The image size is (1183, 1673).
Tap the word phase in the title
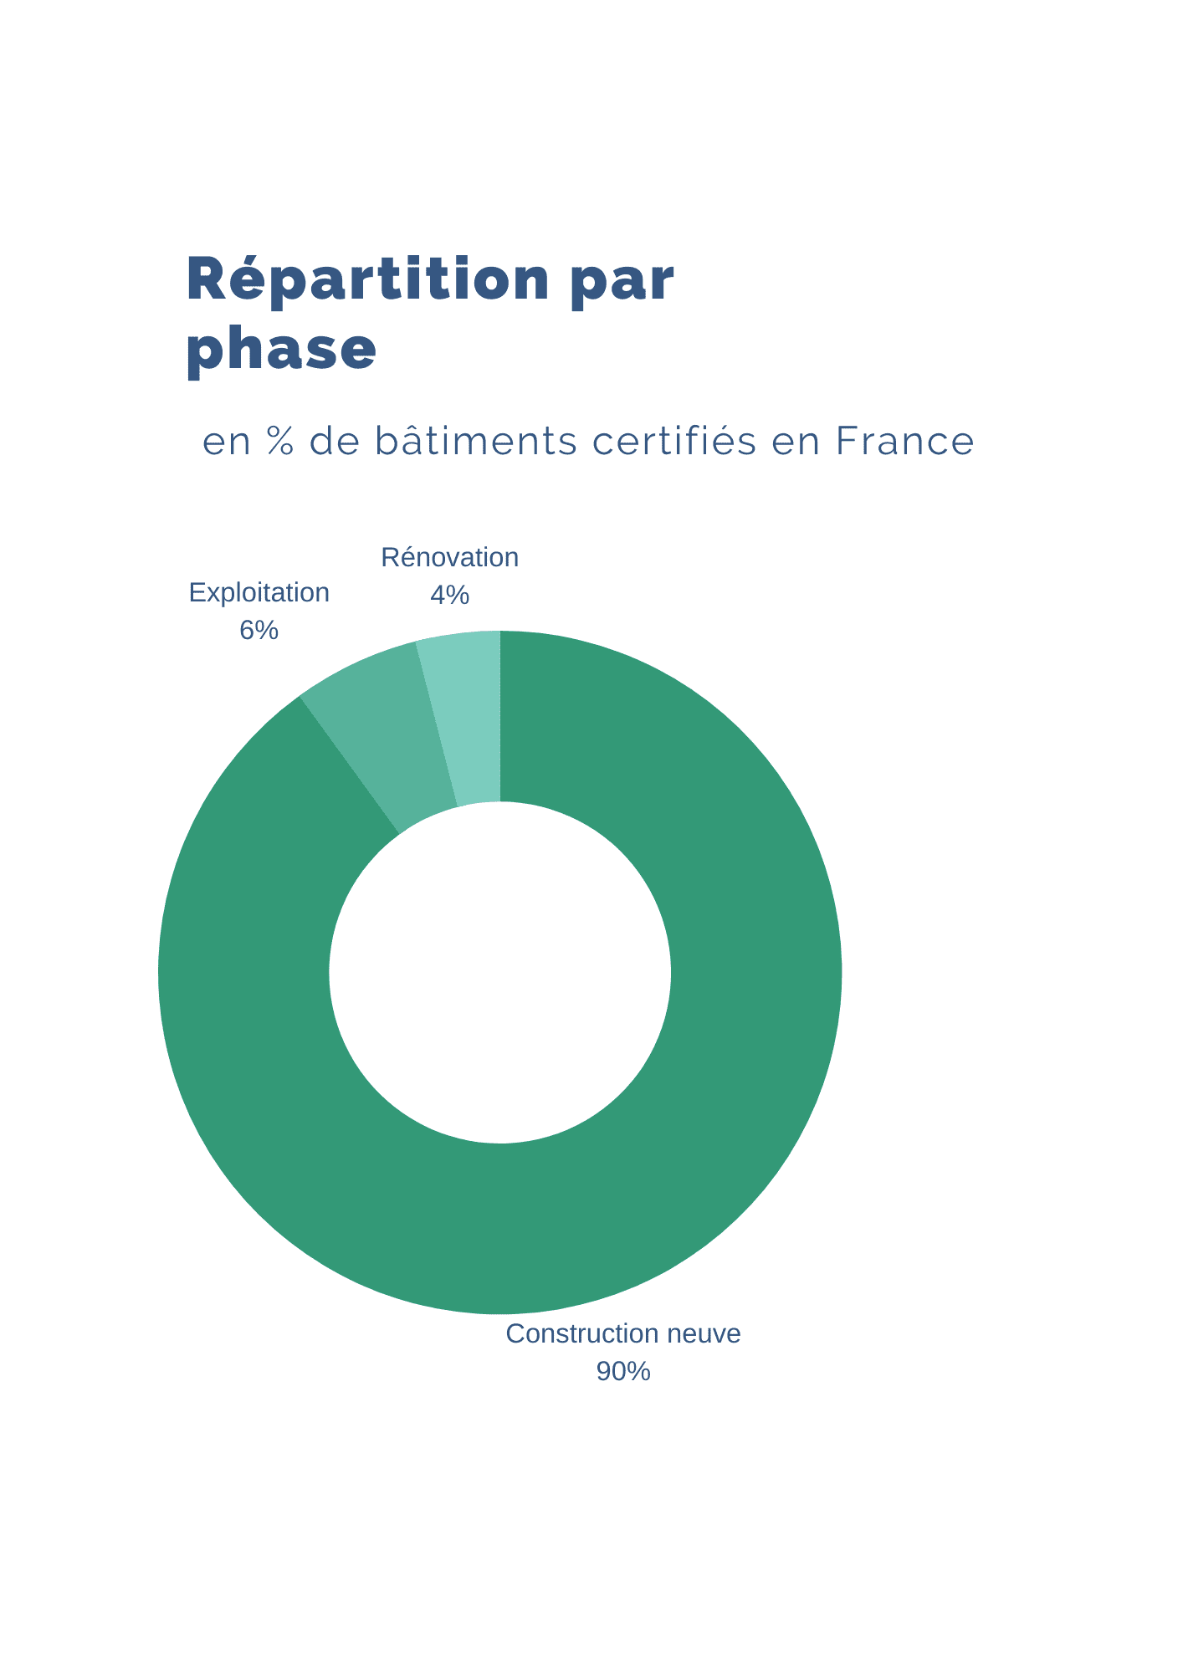pyautogui.click(x=281, y=350)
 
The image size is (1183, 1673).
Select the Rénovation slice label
pyautogui.click(x=449, y=558)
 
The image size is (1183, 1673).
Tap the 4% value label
pyautogui.click(x=449, y=595)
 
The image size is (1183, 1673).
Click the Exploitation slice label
pyautogui.click(x=259, y=593)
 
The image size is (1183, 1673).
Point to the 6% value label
pyautogui.click(x=259, y=630)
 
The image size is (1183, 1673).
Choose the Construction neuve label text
pyautogui.click(x=622, y=1333)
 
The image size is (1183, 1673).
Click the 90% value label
pyautogui.click(x=622, y=1371)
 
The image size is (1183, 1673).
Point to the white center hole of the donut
pyautogui.click(x=499, y=972)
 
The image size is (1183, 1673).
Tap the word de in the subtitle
pyautogui.click(x=333, y=442)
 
